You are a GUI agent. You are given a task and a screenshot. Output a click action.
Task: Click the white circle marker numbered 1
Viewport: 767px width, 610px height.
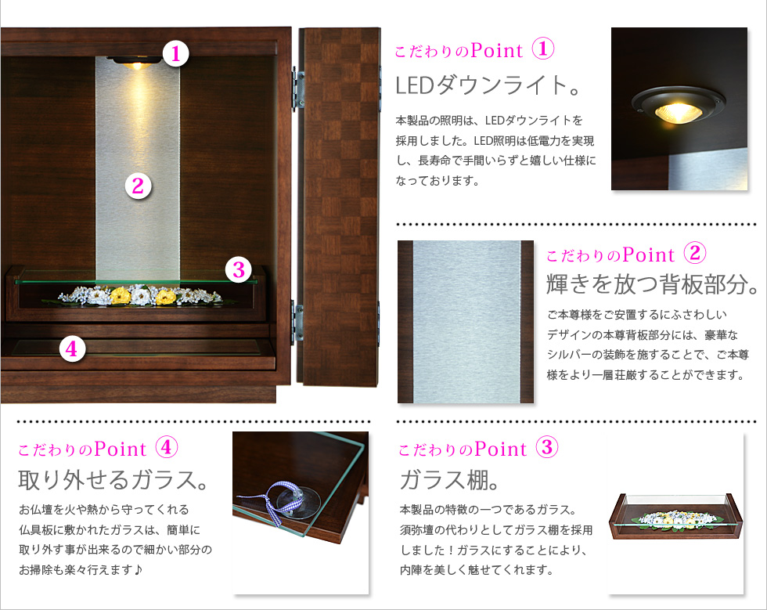tap(175, 53)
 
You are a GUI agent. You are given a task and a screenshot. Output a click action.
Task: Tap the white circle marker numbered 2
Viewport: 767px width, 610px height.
tap(138, 186)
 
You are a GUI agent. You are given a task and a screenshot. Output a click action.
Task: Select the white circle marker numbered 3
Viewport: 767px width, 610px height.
tap(238, 269)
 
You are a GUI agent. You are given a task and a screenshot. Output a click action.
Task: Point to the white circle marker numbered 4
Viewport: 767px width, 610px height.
tap(72, 349)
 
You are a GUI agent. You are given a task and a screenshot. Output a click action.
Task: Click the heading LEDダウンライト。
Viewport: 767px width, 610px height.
tap(488, 85)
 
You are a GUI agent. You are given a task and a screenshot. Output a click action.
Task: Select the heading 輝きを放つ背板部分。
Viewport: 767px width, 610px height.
tap(652, 284)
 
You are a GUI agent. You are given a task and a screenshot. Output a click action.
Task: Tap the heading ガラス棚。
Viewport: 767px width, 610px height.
tap(449, 479)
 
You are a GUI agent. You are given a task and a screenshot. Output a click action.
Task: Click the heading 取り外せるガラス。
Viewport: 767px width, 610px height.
tap(113, 479)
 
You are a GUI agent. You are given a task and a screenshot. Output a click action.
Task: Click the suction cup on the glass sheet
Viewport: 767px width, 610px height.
tap(298, 502)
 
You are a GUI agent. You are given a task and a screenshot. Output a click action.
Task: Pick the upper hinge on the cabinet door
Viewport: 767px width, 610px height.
tap(298, 89)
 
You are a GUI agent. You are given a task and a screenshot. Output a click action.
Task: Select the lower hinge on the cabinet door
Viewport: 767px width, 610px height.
tap(298, 321)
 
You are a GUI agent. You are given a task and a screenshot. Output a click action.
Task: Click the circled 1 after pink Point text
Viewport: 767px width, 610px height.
tap(543, 49)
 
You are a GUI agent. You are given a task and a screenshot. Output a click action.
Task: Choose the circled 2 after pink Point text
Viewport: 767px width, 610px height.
tap(695, 253)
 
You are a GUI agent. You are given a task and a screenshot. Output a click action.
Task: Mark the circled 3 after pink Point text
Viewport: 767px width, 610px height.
tap(547, 447)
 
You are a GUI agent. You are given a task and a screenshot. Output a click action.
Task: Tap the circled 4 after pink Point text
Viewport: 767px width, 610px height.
tap(166, 447)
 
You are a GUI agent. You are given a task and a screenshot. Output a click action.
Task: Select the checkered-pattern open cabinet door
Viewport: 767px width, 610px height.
tap(339, 207)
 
